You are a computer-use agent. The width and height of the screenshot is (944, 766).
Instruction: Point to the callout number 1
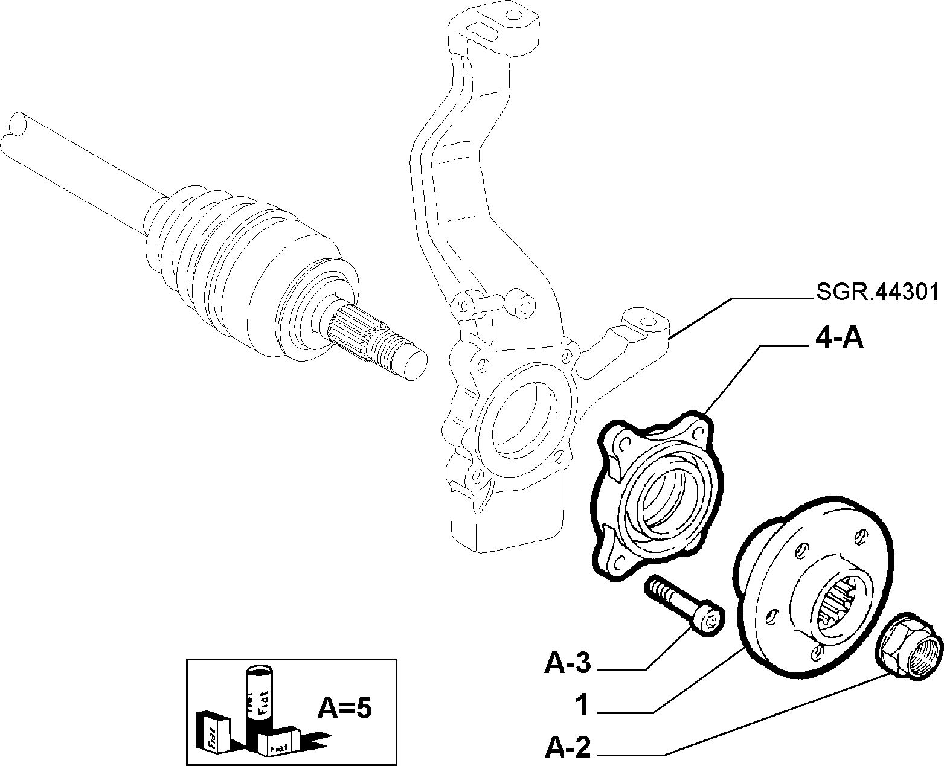point(582,706)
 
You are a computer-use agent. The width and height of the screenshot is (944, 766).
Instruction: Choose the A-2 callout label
point(568,747)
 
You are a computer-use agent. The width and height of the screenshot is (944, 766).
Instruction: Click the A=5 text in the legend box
point(344,709)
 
